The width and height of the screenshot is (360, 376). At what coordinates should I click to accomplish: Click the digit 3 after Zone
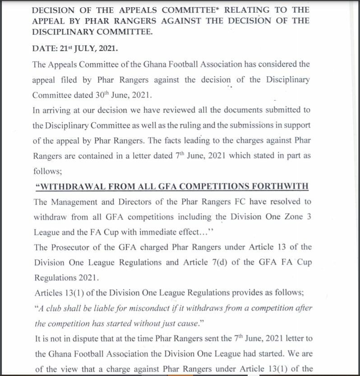tap(309, 217)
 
